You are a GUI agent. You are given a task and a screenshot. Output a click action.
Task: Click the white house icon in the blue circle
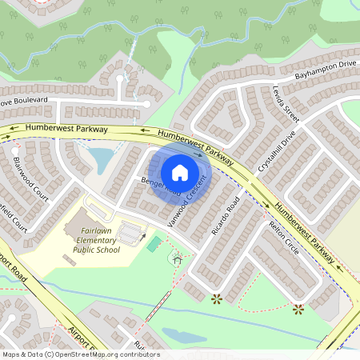pyautogui.click(x=180, y=173)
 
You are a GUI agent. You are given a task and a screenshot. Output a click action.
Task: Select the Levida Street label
pyautogui.click(x=286, y=103)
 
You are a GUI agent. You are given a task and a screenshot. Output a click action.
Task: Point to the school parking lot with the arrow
pyautogui.click(x=130, y=233)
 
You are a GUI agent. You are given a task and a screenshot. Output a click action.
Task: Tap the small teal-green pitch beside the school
pyautogui.click(x=154, y=243)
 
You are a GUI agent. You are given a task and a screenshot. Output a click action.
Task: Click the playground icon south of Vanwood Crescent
pyautogui.click(x=178, y=258)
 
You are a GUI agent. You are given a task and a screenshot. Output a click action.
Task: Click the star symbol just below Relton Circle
pyautogui.click(x=298, y=309)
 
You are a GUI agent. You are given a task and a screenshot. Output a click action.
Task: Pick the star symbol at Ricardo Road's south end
pyautogui.click(x=216, y=299)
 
